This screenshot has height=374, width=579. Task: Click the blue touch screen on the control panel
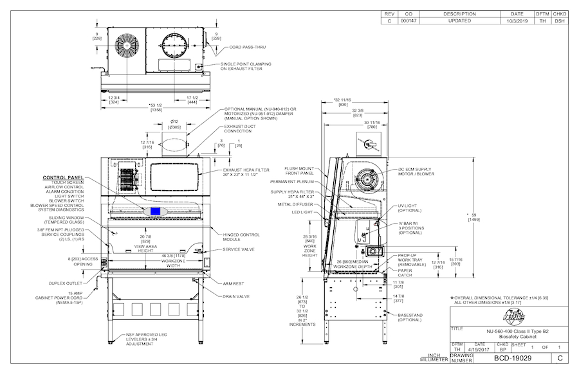tap(155, 211)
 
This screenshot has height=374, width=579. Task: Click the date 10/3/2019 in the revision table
tap(517, 21)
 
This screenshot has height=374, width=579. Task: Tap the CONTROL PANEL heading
tap(63, 177)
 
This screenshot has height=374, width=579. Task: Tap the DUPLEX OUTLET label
tap(66, 282)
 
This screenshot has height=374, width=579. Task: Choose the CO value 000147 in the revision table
tap(409, 21)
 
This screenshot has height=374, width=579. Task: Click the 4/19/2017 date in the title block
tap(479, 349)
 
